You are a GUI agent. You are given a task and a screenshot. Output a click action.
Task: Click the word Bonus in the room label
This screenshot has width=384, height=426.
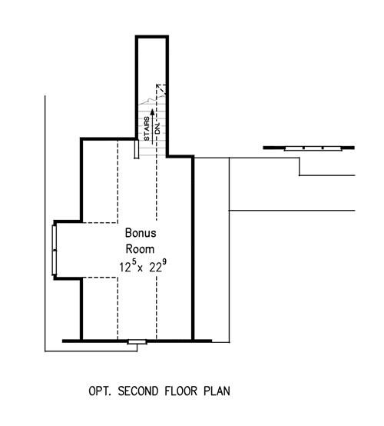click(141, 233)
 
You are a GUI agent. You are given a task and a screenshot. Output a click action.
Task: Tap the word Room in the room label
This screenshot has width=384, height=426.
click(140, 249)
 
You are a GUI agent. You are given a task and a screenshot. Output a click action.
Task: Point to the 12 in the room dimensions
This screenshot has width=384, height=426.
click(125, 268)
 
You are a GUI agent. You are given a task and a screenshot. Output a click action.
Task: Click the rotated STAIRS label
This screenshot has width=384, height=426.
click(147, 128)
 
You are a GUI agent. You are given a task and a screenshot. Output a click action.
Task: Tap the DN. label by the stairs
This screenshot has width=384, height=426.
click(157, 128)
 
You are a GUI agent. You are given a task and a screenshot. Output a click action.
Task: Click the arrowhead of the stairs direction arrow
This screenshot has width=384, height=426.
click(153, 111)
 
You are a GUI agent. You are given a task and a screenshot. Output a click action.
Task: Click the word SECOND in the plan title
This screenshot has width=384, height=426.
click(138, 391)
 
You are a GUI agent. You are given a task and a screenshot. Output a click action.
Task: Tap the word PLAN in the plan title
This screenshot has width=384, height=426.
click(217, 391)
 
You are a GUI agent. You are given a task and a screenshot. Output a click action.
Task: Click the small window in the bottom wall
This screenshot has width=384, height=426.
click(137, 341)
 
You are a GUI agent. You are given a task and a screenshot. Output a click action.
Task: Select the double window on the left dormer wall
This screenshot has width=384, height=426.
click(55, 250)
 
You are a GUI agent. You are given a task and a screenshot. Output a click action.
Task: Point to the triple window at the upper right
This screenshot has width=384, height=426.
click(313, 148)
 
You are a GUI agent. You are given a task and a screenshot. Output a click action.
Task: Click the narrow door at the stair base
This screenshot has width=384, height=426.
click(137, 149)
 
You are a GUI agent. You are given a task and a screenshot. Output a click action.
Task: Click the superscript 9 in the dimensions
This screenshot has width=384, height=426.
click(164, 261)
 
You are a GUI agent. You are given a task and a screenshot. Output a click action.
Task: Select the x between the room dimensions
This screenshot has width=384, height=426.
click(140, 269)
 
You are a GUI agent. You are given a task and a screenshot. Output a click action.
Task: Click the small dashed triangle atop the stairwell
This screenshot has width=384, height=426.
click(161, 89)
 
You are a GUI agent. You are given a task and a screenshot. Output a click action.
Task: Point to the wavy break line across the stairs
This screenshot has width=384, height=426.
click(152, 100)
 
